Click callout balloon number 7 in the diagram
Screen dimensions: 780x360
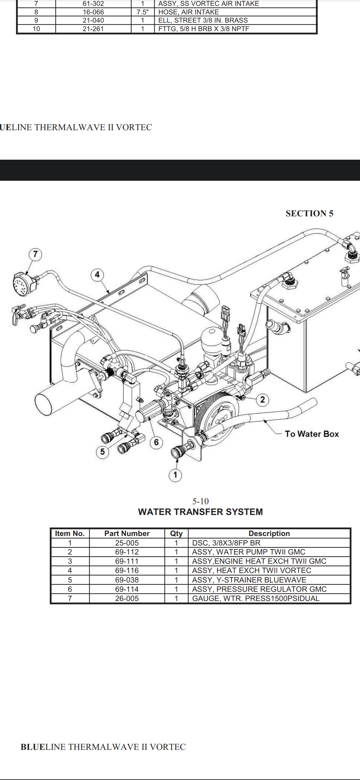click(x=35, y=254)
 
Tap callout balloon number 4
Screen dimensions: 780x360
click(x=97, y=275)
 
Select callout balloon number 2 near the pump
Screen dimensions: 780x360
click(x=262, y=400)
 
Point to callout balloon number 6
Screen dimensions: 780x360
click(x=156, y=442)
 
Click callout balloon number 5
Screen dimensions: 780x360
click(x=102, y=452)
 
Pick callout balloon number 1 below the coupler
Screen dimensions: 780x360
click(x=175, y=475)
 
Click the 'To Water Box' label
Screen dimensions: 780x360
click(x=311, y=434)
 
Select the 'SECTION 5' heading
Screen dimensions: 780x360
click(x=309, y=213)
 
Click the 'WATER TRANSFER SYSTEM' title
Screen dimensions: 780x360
click(x=200, y=512)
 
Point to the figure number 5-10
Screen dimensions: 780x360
click(x=200, y=501)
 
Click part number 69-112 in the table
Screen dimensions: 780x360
click(x=127, y=552)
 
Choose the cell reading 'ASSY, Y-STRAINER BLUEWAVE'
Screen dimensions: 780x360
click(x=249, y=580)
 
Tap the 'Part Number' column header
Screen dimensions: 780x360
click(x=127, y=533)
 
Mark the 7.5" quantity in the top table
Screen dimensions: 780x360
click(x=142, y=12)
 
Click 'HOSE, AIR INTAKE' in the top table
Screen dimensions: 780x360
click(x=188, y=12)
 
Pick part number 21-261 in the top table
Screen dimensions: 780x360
click(x=93, y=29)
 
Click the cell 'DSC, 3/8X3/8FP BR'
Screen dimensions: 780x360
click(x=226, y=543)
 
